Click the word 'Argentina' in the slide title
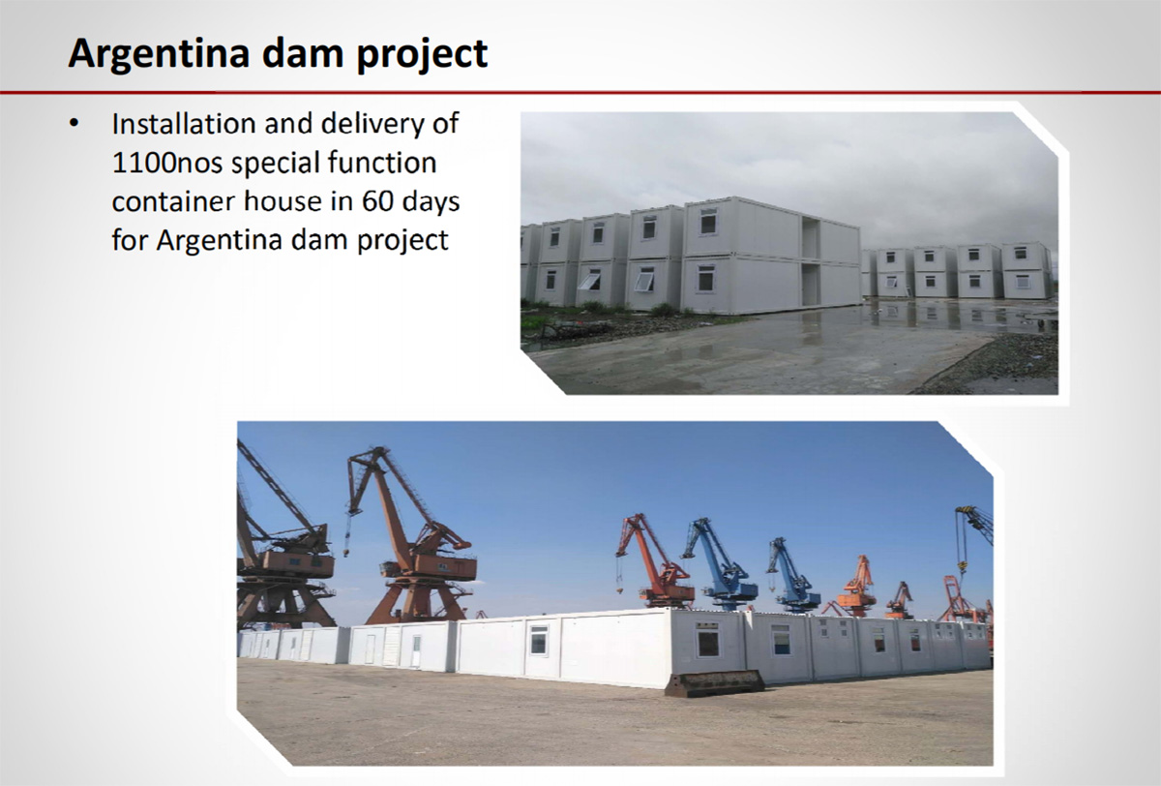point(159,54)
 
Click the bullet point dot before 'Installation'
point(74,124)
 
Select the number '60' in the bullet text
point(377,201)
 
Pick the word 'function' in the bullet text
point(382,163)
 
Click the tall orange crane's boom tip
point(382,450)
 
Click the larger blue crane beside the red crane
point(721,565)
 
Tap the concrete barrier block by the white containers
point(714,683)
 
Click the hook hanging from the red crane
point(619,589)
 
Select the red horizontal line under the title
point(580,93)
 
